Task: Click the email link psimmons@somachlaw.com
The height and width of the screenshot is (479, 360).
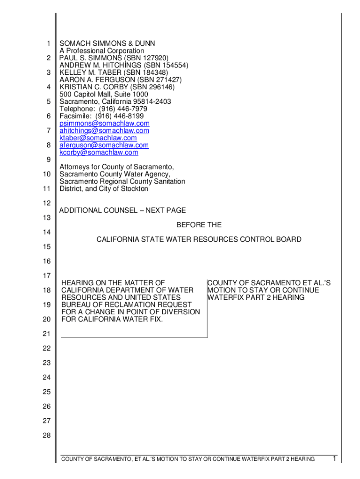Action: (104, 123)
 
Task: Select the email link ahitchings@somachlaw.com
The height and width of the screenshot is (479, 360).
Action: (104, 131)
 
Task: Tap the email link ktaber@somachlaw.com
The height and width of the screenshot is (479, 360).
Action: (98, 138)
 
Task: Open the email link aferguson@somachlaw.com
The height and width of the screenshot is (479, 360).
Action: (104, 145)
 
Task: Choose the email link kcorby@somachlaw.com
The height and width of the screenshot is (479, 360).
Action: (99, 152)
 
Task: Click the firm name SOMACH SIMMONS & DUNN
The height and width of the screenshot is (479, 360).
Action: (107, 44)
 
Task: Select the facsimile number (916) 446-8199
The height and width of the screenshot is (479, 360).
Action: (120, 116)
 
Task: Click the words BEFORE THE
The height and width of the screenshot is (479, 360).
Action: (199, 225)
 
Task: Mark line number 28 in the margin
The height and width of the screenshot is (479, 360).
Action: (46, 436)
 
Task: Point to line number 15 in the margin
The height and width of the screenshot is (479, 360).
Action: (46, 247)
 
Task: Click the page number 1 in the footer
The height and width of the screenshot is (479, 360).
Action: (335, 459)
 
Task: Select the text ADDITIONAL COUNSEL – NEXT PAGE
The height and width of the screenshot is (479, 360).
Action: (122, 210)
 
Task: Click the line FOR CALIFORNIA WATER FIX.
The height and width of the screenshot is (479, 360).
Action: (113, 319)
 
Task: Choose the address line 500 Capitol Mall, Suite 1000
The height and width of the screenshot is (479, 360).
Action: (103, 94)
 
